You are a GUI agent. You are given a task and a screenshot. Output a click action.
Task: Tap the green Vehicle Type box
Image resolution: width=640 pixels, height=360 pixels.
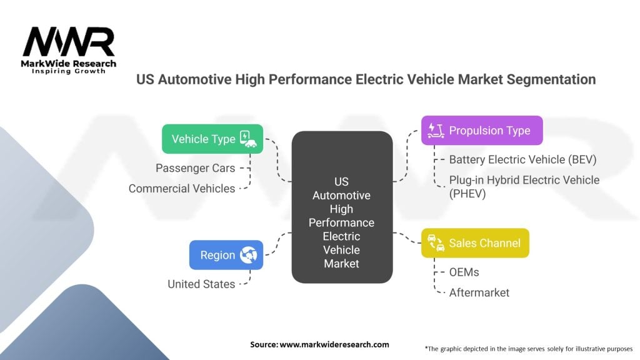212,139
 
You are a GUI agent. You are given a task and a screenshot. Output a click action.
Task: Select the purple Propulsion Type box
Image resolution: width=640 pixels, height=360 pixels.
481,131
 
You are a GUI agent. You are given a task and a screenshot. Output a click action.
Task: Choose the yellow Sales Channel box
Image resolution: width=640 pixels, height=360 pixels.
475,243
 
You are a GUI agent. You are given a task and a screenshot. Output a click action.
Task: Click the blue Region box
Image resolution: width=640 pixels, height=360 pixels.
226,255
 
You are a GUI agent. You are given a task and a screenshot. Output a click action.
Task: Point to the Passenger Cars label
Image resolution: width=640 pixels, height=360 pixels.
196,168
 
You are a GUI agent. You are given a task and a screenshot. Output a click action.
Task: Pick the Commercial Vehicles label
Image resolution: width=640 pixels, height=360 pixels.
182,188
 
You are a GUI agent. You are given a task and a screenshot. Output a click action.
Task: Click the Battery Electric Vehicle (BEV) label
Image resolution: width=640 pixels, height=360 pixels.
522,159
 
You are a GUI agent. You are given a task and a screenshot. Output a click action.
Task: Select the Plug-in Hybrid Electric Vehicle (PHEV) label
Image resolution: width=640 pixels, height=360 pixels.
524,186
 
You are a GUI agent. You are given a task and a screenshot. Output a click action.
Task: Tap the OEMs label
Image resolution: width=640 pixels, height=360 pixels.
464,272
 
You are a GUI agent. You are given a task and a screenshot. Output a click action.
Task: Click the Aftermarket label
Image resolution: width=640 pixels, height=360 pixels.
479,292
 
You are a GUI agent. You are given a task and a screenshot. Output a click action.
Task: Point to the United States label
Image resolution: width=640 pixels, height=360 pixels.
201,284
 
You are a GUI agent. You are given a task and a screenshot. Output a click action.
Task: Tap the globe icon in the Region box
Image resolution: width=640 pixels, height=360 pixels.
249,255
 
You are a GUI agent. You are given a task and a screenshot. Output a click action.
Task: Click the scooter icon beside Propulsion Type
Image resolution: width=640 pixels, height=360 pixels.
435,130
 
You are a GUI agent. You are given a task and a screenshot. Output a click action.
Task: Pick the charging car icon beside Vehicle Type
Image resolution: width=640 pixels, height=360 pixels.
249,139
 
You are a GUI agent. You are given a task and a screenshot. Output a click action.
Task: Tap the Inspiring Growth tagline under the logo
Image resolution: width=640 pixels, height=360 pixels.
68,71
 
